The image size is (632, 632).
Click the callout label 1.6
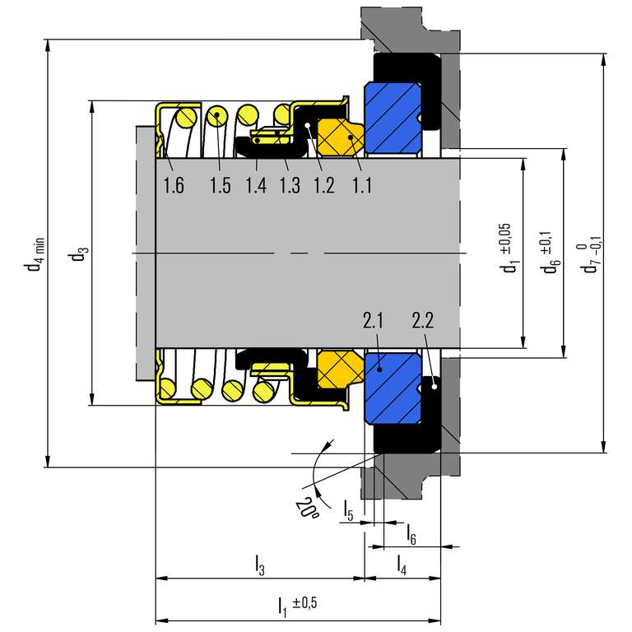tap(173, 186)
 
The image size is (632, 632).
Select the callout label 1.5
tap(220, 186)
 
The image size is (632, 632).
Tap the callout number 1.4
tap(256, 186)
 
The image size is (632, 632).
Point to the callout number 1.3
tap(290, 186)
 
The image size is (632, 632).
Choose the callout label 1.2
tap(323, 186)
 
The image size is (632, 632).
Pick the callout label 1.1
tap(361, 186)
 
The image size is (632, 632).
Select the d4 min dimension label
tap(35, 255)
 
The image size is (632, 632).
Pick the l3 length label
tap(259, 565)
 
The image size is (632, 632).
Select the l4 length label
tap(402, 565)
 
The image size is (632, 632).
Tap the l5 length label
tap(349, 510)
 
